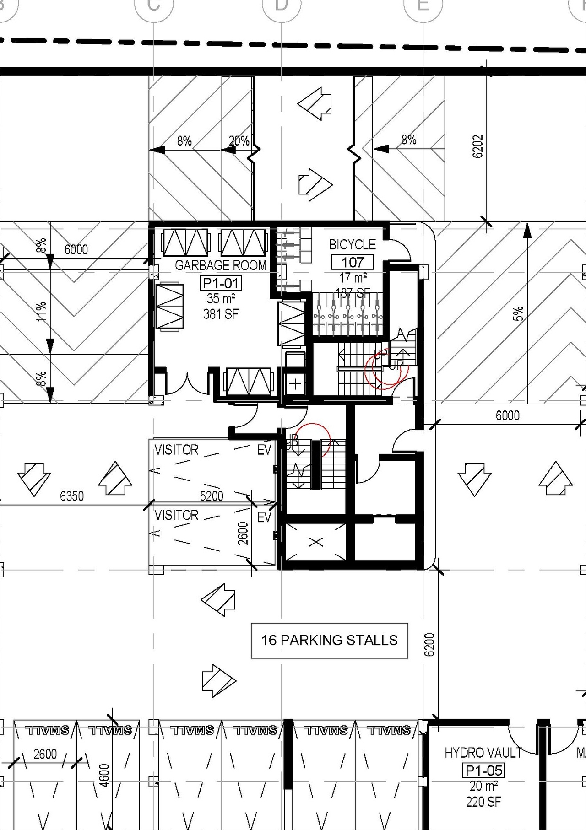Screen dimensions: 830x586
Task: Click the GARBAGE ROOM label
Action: tap(220, 265)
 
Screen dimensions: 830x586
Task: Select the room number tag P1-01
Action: tap(221, 283)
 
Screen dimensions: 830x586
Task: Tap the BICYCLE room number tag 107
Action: tap(353, 262)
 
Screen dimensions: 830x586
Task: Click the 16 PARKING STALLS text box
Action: tap(329, 640)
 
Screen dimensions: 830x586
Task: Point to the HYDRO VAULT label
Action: tap(483, 753)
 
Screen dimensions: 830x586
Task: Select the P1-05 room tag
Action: tap(484, 771)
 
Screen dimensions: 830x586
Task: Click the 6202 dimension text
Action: tap(477, 146)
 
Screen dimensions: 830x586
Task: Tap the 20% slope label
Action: tap(239, 141)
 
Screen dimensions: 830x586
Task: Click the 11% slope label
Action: tap(41, 311)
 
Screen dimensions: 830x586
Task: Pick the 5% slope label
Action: tap(518, 313)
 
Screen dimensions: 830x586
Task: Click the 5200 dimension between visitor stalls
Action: tap(212, 496)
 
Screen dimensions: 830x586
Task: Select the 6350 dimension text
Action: tap(72, 496)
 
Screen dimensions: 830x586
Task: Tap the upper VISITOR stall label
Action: tap(176, 450)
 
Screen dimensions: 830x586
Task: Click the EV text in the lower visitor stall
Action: tap(264, 517)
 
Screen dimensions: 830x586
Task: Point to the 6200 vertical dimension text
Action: tap(429, 644)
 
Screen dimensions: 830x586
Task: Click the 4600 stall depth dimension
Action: tap(104, 775)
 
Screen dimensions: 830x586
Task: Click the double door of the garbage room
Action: tap(188, 385)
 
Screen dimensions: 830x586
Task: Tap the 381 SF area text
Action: tap(221, 314)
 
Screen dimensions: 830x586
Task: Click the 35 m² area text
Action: tap(221, 299)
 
